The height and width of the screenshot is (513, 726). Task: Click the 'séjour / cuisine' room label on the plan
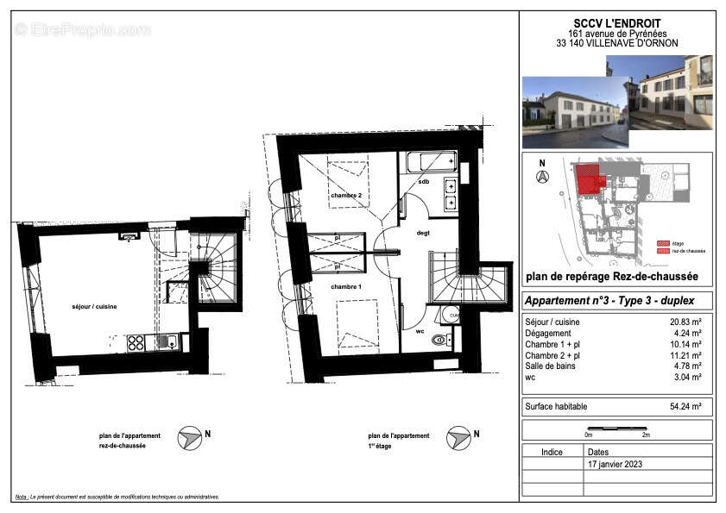click(94, 307)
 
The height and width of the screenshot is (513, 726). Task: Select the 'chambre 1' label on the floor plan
click(345, 286)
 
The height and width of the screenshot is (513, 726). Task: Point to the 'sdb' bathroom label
click(424, 182)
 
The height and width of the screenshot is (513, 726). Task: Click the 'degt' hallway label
click(423, 233)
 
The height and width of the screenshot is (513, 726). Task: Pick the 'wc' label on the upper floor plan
click(420, 331)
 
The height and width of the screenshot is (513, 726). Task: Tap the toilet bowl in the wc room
click(440, 340)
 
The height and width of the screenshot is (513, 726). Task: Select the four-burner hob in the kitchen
click(136, 342)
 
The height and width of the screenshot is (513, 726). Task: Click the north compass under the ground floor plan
click(190, 439)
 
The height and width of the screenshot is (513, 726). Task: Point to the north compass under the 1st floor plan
click(458, 439)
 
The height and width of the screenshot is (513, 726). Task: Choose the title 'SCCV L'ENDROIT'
click(616, 23)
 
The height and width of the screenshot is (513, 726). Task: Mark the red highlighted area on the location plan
click(590, 178)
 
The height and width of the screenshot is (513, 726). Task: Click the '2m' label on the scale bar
click(646, 435)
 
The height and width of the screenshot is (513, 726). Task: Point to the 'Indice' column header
click(552, 452)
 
